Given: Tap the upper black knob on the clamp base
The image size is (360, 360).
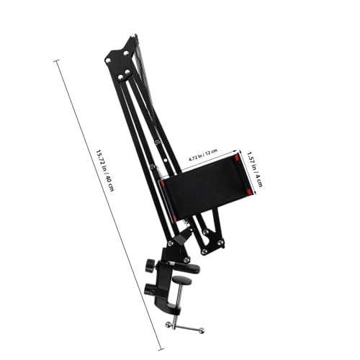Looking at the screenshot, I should (150, 266).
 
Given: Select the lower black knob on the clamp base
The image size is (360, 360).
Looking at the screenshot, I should (151, 292).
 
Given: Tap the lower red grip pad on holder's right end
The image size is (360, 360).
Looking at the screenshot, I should (250, 192).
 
